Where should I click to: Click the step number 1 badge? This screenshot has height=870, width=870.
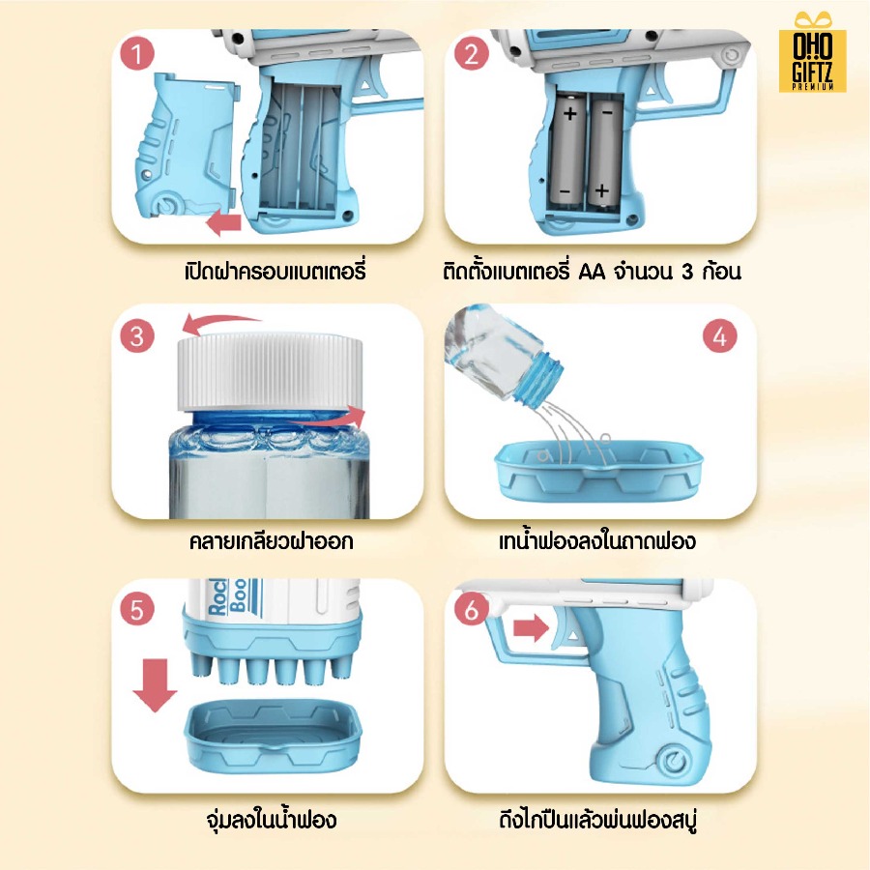(137, 54)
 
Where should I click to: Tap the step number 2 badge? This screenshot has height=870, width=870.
(471, 54)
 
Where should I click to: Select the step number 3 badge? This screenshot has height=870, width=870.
(137, 335)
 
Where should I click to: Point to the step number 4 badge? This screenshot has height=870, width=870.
(719, 335)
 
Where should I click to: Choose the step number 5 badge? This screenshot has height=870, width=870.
(137, 609)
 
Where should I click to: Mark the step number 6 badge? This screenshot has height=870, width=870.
(471, 609)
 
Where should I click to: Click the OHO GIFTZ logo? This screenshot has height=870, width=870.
(812, 52)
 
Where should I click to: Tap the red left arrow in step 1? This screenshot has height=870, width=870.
(223, 223)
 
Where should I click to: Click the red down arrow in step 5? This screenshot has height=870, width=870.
(155, 685)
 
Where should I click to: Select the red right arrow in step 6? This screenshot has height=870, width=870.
(531, 628)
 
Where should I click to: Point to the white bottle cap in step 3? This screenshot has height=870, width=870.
(271, 372)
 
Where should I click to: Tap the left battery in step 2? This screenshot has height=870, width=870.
(568, 150)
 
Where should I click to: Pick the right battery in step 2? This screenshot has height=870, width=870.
(604, 152)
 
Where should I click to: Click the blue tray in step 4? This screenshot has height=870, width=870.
(598, 470)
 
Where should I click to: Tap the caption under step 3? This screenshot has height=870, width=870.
(272, 541)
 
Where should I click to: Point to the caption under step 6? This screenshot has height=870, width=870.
(598, 820)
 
